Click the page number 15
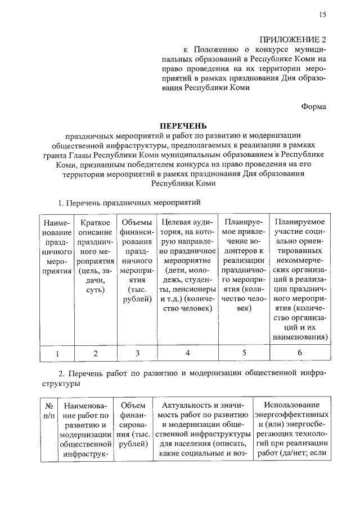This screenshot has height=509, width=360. (x=322, y=15)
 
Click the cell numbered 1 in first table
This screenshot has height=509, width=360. (x=57, y=353)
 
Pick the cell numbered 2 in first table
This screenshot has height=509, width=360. (x=95, y=353)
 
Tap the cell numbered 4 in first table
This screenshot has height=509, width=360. (x=187, y=353)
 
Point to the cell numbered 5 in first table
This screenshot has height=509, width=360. (x=244, y=353)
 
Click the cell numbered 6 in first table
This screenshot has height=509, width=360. (x=300, y=353)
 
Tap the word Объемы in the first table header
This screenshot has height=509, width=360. (x=137, y=222)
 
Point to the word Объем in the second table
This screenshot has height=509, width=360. (x=133, y=406)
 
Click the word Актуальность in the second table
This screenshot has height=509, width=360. (x=187, y=406)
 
